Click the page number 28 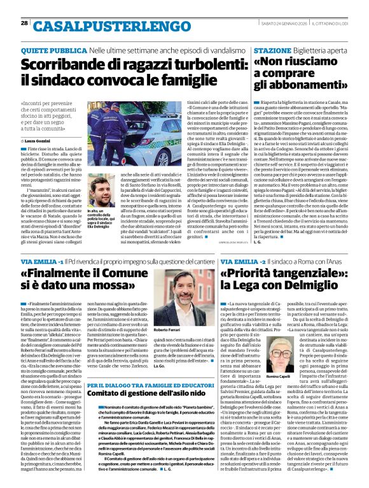(x=24, y=23)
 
